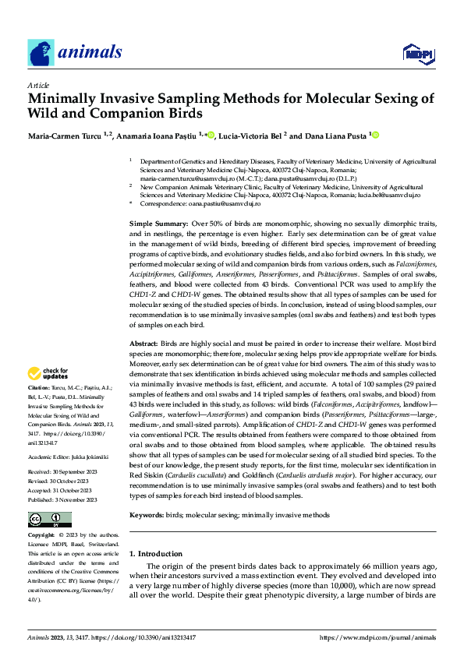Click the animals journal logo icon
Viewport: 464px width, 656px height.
[41, 52]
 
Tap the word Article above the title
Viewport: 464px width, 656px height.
[38, 85]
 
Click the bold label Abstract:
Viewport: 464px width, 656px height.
[143, 343]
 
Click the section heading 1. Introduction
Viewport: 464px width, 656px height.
[155, 555]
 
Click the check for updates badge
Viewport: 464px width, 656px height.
[49, 374]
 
